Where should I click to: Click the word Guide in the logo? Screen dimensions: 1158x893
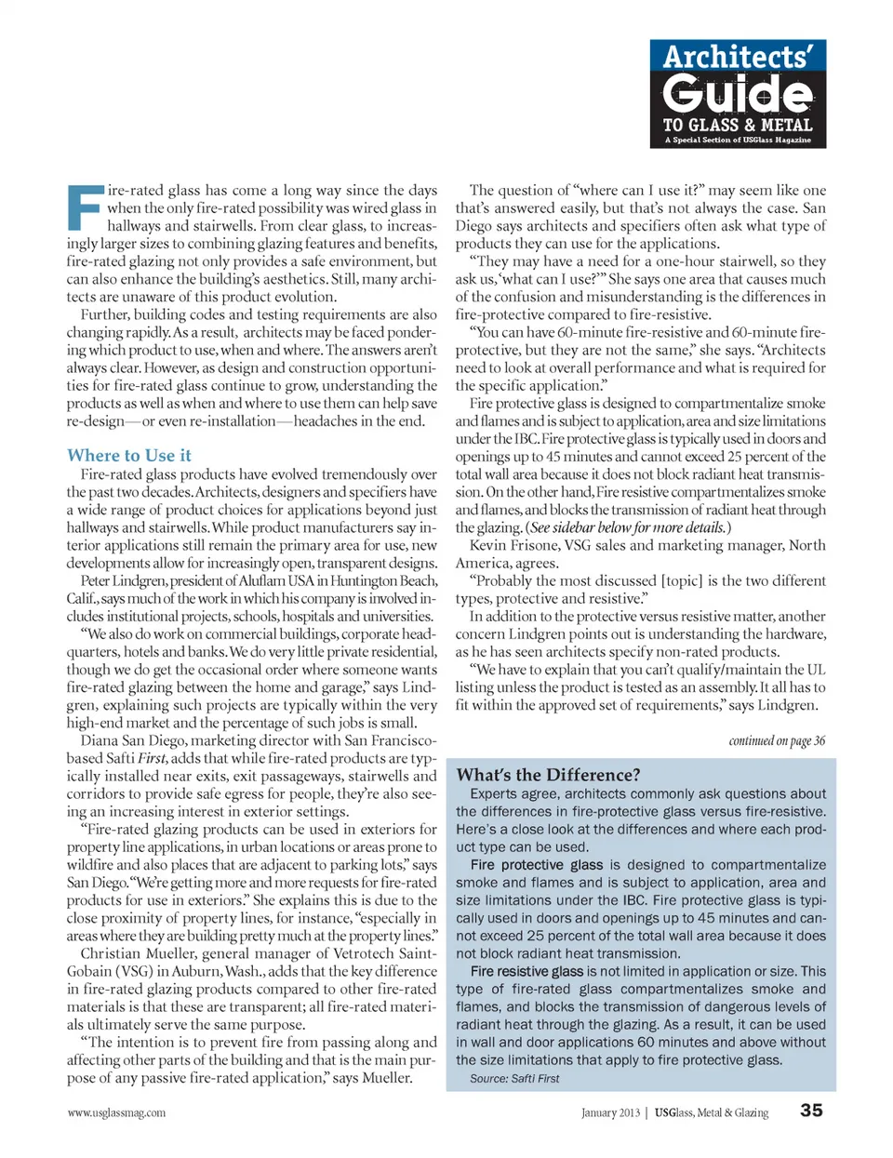click(x=738, y=94)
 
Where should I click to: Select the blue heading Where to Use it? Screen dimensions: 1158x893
click(x=128, y=455)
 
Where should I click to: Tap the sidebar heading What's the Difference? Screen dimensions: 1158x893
click(x=548, y=775)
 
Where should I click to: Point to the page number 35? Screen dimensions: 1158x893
click(x=811, y=1111)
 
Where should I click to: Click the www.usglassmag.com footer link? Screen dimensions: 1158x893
click(x=116, y=1112)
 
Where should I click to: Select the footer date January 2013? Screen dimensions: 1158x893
click(x=610, y=1112)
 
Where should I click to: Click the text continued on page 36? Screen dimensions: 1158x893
click(x=777, y=740)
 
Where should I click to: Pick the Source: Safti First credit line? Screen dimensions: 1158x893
click(x=514, y=1079)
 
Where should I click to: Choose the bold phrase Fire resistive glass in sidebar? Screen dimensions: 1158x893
click(x=526, y=971)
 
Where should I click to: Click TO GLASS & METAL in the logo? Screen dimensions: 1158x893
click(x=738, y=125)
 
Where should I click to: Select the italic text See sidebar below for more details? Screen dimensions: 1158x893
click(x=628, y=527)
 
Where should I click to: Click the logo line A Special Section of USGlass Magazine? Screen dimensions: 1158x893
click(x=738, y=140)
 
